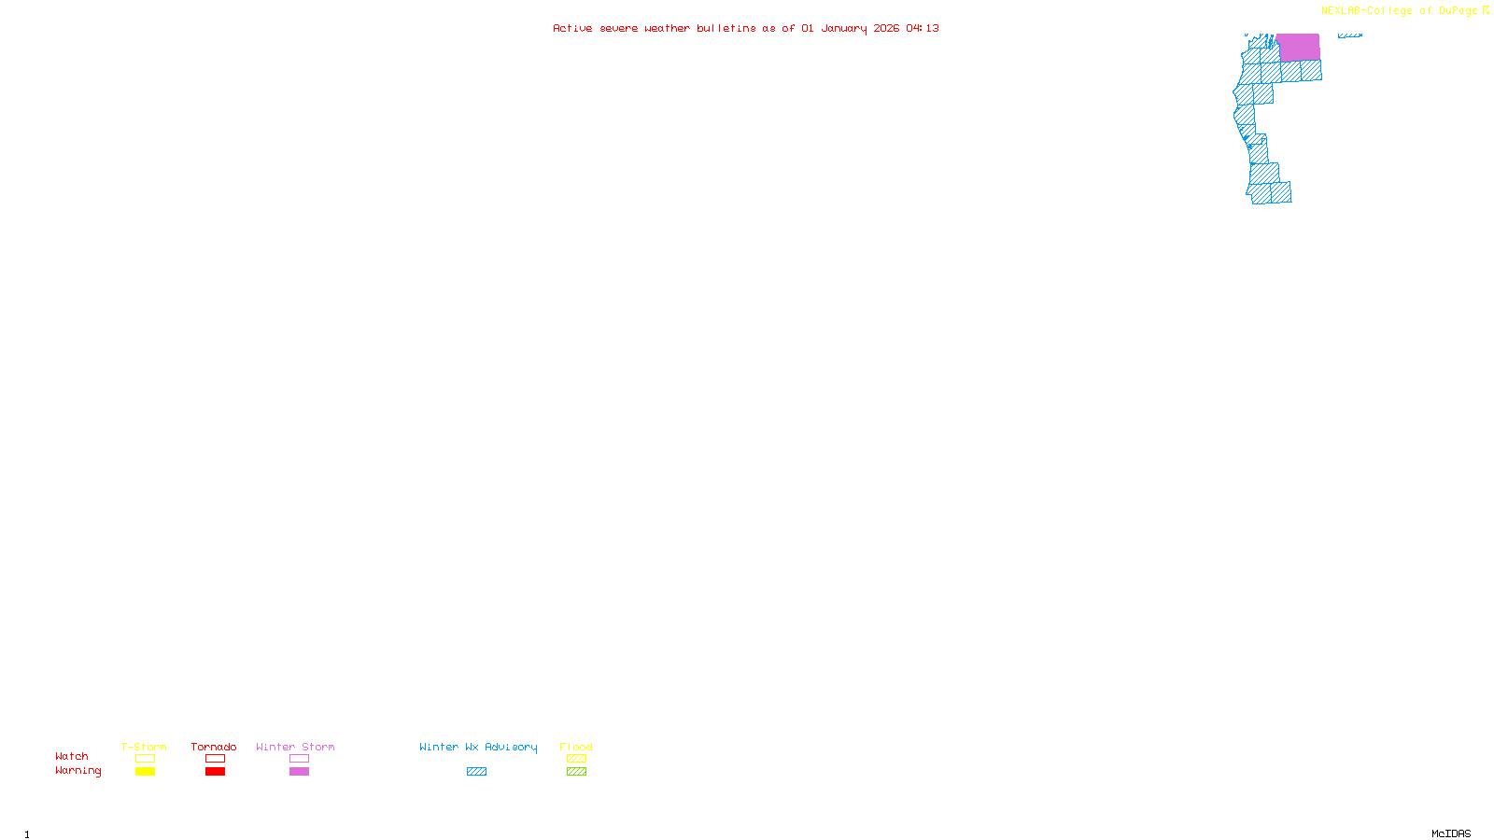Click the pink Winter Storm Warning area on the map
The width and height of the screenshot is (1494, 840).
pos(1298,47)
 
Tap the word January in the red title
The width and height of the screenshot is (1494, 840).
pos(844,29)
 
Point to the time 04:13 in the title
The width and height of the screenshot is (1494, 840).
pos(923,29)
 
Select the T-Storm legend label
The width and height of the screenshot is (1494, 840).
pos(144,747)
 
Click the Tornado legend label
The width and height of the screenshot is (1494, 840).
pos(214,747)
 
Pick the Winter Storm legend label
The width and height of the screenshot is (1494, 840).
pos(295,747)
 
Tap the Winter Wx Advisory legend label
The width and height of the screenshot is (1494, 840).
pos(478,747)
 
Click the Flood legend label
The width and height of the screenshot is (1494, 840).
pos(576,747)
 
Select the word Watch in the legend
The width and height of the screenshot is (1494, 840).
pos(72,757)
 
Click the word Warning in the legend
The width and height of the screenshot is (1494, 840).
pos(78,771)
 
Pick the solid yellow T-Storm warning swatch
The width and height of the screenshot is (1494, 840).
pos(145,772)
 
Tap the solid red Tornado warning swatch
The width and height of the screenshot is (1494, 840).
pos(215,772)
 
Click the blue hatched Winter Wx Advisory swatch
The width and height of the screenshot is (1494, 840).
pos(476,772)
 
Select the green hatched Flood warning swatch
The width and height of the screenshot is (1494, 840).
pos(576,772)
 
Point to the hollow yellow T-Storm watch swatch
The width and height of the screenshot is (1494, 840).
pos(145,759)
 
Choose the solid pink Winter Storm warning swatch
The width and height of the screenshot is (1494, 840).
pos(299,772)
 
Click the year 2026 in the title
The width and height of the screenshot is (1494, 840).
pos(887,29)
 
